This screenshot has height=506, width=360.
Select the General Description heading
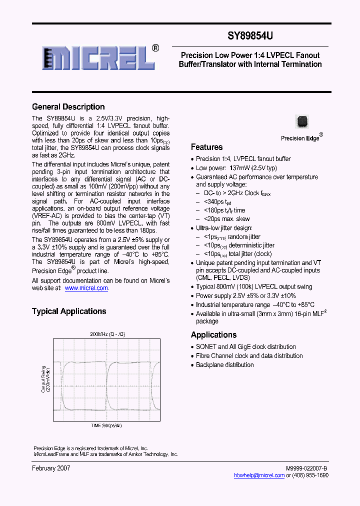tap(68, 107)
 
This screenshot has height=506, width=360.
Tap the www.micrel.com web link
tap(86, 288)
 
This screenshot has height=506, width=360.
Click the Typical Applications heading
tap(69, 311)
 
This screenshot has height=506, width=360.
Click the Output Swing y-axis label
tap(45, 378)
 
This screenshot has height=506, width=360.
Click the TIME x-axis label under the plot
tap(106, 425)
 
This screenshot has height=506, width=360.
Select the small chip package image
tap(301, 121)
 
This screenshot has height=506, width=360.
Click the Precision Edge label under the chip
tap(300, 138)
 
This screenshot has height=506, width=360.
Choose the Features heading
tap(206, 147)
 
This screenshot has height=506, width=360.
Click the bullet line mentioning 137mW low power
tap(236, 168)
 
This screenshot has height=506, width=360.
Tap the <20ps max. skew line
tap(226, 219)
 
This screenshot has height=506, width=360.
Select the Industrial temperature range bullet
tap(255, 305)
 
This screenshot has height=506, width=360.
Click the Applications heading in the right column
tap(213, 335)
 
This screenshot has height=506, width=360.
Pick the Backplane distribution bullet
tap(224, 365)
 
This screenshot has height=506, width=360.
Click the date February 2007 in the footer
tap(51, 468)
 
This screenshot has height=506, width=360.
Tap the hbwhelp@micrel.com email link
tap(259, 475)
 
